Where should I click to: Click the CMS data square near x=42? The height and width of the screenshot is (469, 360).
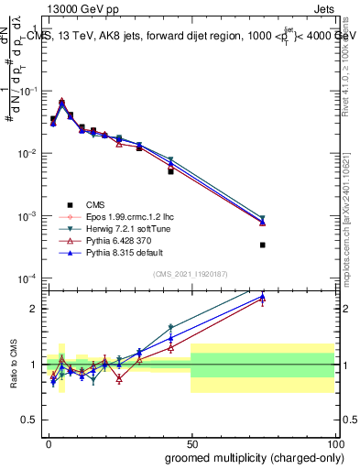170,171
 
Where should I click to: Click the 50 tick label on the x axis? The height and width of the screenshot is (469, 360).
191,442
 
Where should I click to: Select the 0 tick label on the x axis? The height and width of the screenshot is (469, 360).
49,442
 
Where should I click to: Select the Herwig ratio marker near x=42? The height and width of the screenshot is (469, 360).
170,327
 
